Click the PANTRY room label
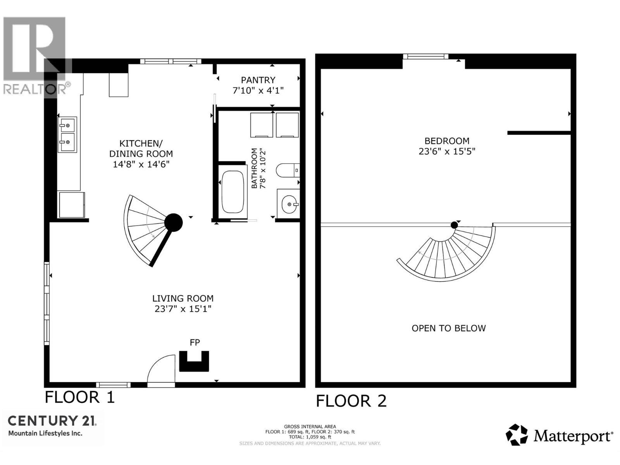[258, 80]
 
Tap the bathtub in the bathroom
[232, 191]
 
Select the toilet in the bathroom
[288, 170]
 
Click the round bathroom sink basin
[290, 204]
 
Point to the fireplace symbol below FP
[194, 361]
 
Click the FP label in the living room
[195, 343]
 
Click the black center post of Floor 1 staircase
[174, 222]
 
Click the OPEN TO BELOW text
[449, 328]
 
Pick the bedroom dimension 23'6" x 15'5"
[447, 152]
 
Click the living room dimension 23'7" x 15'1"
[183, 308]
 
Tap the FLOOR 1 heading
[80, 397]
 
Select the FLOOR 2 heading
[351, 401]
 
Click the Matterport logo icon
[517, 435]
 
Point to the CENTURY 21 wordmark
[52, 421]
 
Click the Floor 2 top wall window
[425, 57]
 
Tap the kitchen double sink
[67, 135]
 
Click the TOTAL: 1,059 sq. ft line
[310, 437]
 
